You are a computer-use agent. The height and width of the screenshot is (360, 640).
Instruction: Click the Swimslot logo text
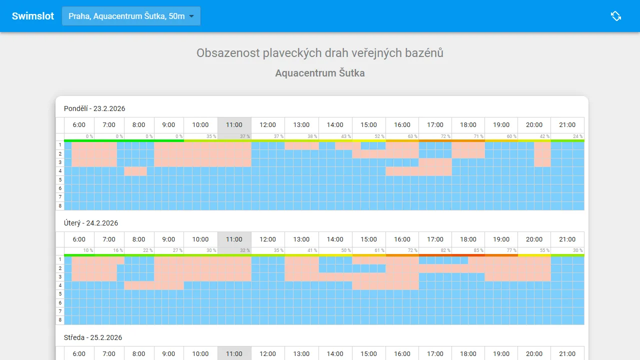pos(33,16)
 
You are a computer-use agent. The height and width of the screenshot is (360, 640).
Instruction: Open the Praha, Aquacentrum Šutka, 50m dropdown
pos(131,16)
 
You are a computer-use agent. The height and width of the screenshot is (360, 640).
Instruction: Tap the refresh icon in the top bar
pos(616,16)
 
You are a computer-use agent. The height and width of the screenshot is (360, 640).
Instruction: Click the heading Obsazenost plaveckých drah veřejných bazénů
pos(320,53)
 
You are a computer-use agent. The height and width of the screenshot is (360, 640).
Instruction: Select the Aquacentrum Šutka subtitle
pos(320,73)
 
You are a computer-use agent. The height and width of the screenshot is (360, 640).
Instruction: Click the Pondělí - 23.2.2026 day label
pos(94,108)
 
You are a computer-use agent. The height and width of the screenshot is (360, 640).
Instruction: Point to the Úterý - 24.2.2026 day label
pos(91,223)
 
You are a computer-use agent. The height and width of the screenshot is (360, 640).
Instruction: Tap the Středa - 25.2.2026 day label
pos(93,337)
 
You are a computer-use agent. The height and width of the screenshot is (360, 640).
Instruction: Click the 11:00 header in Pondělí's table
pos(234,125)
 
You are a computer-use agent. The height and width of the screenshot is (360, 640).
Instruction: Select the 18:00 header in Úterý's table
pos(468,239)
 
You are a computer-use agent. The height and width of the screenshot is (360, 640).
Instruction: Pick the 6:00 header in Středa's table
pos(79,354)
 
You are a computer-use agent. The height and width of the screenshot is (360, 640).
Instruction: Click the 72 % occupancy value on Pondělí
pos(445,136)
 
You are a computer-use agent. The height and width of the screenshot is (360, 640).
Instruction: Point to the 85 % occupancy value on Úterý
pos(478,251)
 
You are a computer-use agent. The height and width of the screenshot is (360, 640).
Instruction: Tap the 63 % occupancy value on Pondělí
pos(412,136)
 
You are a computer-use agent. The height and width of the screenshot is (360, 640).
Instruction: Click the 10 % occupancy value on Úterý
pos(88,251)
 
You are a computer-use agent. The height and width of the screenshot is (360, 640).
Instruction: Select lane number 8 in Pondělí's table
pos(60,206)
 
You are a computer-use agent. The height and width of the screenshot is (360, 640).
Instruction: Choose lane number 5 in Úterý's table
pos(60,294)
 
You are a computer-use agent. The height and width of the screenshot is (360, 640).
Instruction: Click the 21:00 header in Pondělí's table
pos(567,125)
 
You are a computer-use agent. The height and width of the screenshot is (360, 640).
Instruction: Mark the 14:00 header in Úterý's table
pos(335,239)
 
